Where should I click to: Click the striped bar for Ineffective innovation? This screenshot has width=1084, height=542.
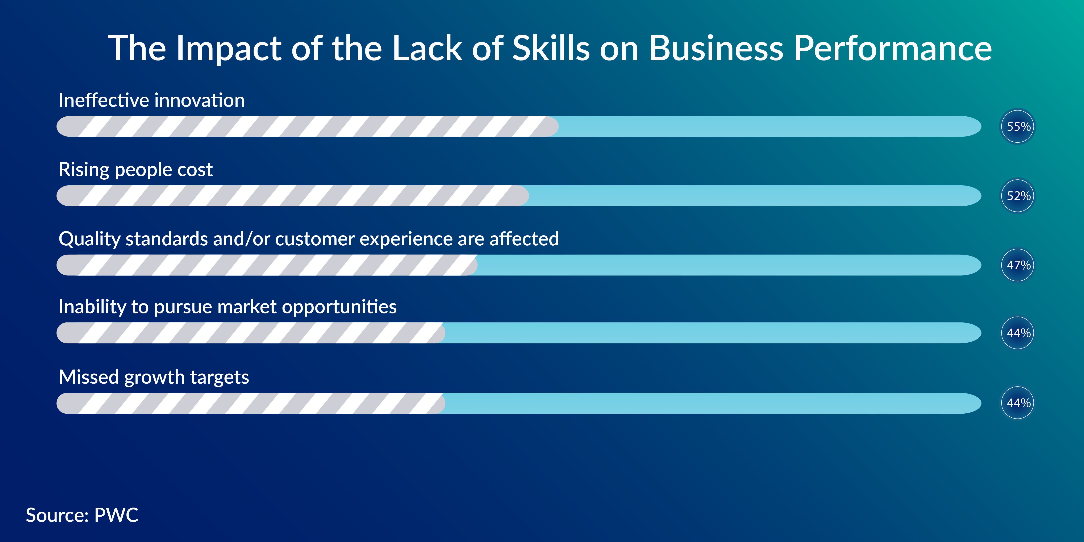[x=308, y=126]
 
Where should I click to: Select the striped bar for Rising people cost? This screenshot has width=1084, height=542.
[x=293, y=196]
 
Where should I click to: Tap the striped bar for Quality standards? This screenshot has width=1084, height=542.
[x=267, y=265]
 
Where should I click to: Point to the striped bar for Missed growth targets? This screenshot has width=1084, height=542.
[x=251, y=403]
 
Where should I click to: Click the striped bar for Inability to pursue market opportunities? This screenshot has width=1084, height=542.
[x=251, y=333]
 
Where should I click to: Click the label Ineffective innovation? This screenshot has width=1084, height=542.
[x=151, y=100]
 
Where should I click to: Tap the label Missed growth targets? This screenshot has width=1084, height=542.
[x=154, y=377]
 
